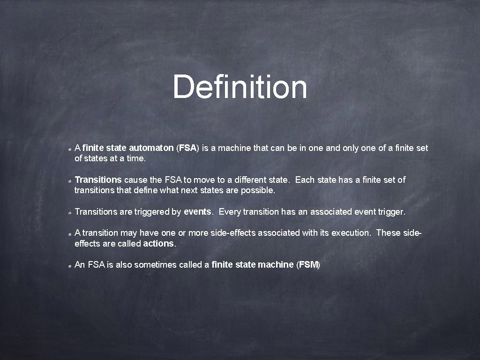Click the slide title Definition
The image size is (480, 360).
point(240,87)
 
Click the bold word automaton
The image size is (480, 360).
point(151,148)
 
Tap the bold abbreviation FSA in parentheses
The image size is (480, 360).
point(187,148)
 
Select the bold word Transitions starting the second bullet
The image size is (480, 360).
point(98,180)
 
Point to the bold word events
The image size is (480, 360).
point(197,212)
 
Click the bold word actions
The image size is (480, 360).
point(158,244)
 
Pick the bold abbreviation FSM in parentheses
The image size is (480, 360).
point(308,265)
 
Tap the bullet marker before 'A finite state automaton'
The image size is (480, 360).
point(69,149)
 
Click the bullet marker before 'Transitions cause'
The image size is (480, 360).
point(69,181)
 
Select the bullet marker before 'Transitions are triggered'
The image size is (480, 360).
point(69,213)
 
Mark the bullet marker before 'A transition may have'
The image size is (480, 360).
point(69,233)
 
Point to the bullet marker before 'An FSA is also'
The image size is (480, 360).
point(69,266)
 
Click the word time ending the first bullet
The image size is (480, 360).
point(135,158)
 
